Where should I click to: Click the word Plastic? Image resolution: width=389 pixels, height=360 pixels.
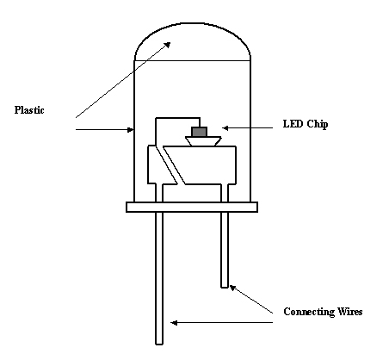click(29, 110)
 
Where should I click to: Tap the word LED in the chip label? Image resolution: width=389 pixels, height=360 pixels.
click(293, 124)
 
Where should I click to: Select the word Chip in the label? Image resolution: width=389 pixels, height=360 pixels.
click(318, 124)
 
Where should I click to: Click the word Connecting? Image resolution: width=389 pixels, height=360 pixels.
click(309, 312)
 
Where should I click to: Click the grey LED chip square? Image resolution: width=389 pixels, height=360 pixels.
click(200, 132)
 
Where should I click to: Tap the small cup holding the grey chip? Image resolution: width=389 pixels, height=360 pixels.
click(203, 141)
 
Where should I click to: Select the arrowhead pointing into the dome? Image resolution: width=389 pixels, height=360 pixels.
click(167, 45)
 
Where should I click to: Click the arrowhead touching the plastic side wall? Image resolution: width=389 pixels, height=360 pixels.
click(130, 130)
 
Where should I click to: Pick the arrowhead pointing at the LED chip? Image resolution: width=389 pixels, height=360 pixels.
click(225, 128)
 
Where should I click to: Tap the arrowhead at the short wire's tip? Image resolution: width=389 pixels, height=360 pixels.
click(232, 288)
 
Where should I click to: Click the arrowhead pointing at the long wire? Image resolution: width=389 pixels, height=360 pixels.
click(174, 323)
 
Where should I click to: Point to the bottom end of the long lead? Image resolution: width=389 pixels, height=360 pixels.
click(159, 344)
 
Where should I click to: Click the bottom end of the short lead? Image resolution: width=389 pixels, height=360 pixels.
click(225, 287)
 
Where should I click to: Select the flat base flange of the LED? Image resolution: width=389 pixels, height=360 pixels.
click(192, 207)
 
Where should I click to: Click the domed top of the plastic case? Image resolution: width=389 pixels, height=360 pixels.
click(192, 23)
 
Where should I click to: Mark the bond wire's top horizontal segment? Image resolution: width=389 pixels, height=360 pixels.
click(178, 118)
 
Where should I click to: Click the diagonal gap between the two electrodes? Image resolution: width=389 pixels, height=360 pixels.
click(170, 165)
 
